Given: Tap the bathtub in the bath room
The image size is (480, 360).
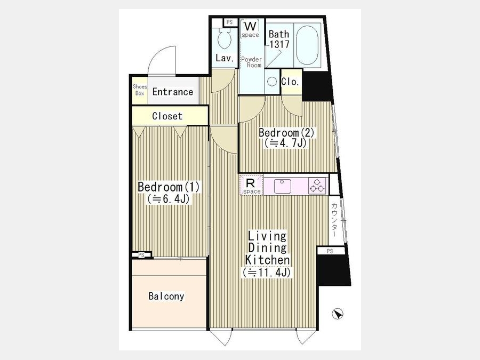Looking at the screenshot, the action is click(307, 45).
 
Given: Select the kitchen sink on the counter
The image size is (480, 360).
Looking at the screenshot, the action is click(282, 186).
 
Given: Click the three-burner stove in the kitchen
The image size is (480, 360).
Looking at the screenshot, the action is click(317, 186).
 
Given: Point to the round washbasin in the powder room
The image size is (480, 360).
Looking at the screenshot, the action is click(272, 82).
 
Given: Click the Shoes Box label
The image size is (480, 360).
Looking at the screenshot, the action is click(140, 90).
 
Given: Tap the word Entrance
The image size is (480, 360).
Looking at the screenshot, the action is click(173, 92).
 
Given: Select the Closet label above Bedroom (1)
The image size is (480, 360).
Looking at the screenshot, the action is click(167, 116).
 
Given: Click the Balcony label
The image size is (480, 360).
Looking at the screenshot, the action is click(166, 296).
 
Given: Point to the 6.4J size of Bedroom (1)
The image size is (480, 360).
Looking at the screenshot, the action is click(169, 199).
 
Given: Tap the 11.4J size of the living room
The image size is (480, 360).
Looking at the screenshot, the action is click(267, 272).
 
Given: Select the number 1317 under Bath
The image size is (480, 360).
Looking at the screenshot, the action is click(279, 44).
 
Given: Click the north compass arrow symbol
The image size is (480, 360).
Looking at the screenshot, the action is click(338, 314).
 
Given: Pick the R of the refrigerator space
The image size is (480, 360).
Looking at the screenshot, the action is click(251, 183).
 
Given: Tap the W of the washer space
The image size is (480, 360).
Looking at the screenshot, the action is click(250, 26).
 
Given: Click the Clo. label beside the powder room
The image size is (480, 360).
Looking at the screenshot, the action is click(290, 82).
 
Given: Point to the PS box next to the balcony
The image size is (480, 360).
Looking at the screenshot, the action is click(142, 255).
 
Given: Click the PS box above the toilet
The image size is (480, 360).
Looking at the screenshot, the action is click(230, 22).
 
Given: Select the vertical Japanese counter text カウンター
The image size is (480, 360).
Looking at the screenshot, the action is click(334, 220).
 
